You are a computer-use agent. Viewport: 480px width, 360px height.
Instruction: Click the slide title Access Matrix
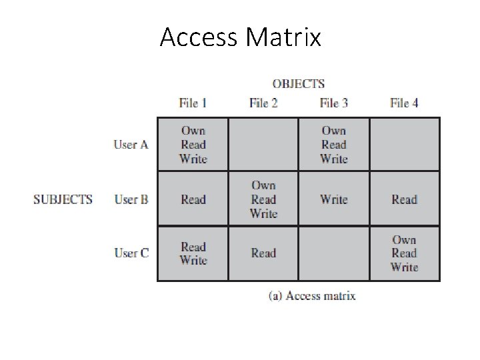240,37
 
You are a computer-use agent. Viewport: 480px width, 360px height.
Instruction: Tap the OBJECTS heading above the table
298,84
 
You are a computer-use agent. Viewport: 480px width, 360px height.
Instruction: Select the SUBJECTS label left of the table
63,199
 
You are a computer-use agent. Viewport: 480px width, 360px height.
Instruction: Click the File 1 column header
193,103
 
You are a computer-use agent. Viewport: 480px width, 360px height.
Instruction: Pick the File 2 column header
263,103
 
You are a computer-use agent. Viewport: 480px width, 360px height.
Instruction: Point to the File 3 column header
333,103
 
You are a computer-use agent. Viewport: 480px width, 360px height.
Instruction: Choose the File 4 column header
404,103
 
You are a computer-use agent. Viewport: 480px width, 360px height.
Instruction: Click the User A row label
131,145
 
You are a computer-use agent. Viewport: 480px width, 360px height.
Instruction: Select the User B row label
131,199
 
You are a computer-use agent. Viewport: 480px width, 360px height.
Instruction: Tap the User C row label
131,253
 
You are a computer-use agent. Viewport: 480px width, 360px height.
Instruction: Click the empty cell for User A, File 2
263,145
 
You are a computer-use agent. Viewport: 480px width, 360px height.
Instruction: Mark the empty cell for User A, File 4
405,145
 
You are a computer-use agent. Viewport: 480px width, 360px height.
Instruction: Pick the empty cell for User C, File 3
333,253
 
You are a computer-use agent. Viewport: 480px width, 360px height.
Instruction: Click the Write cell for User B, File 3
333,199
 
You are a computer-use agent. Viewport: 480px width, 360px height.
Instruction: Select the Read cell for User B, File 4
405,199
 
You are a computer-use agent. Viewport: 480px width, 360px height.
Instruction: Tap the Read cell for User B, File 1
193,199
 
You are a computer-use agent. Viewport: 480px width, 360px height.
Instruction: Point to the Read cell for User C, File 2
263,253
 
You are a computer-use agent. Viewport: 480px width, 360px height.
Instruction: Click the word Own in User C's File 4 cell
405,240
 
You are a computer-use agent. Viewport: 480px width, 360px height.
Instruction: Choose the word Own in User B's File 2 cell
263,185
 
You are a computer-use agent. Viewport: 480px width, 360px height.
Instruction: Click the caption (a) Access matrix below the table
312,296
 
